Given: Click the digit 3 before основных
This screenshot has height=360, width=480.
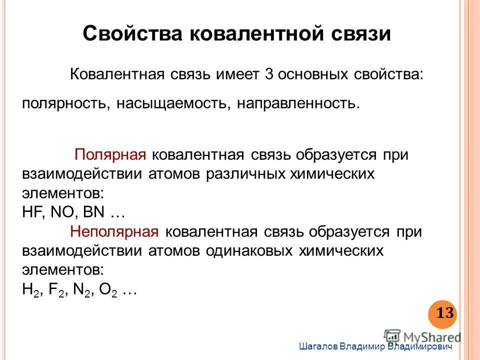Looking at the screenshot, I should (268, 75).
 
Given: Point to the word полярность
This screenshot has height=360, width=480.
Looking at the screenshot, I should (66, 104).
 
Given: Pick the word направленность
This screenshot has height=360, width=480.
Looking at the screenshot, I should (298, 104).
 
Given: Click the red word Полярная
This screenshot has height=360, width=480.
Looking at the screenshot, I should (110, 155).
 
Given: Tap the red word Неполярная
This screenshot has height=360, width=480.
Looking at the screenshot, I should (114, 232).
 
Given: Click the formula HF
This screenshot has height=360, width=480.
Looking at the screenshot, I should (33, 212).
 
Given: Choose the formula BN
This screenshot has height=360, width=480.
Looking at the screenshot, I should (94, 212).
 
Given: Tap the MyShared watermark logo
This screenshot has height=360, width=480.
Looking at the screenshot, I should (422, 336).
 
